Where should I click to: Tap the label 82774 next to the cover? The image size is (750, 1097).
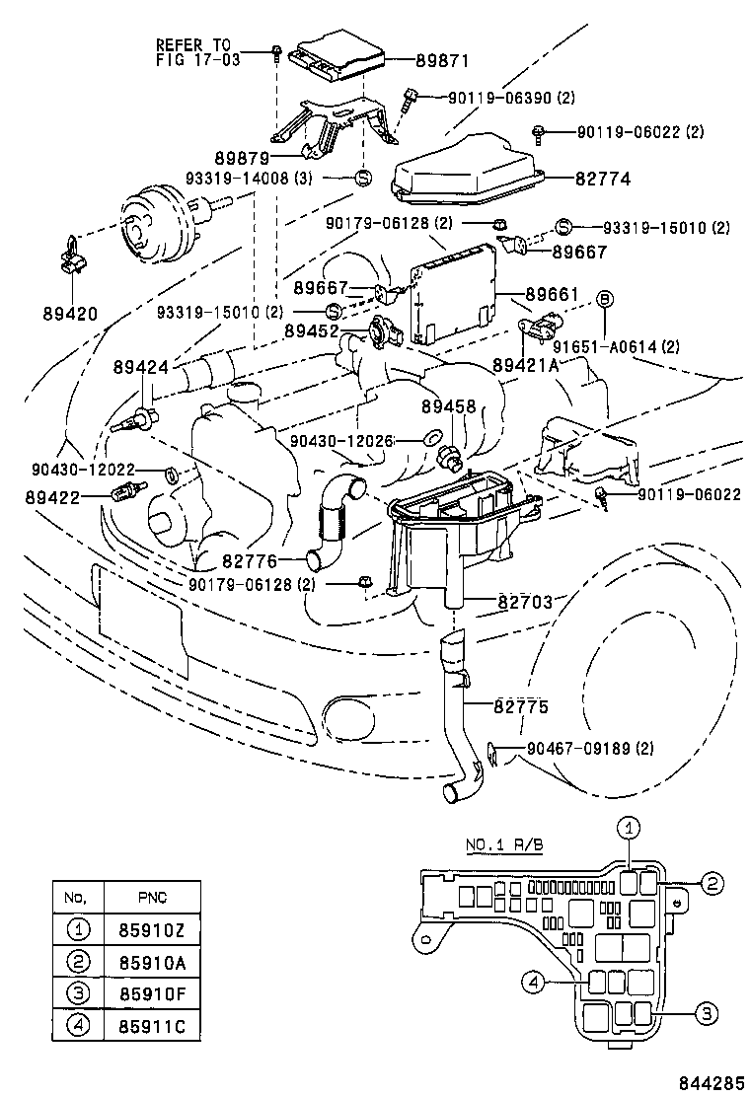604,179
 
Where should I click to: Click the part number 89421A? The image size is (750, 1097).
527,364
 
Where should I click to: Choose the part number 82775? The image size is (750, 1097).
522,707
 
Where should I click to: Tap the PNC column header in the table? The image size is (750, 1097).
152,896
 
